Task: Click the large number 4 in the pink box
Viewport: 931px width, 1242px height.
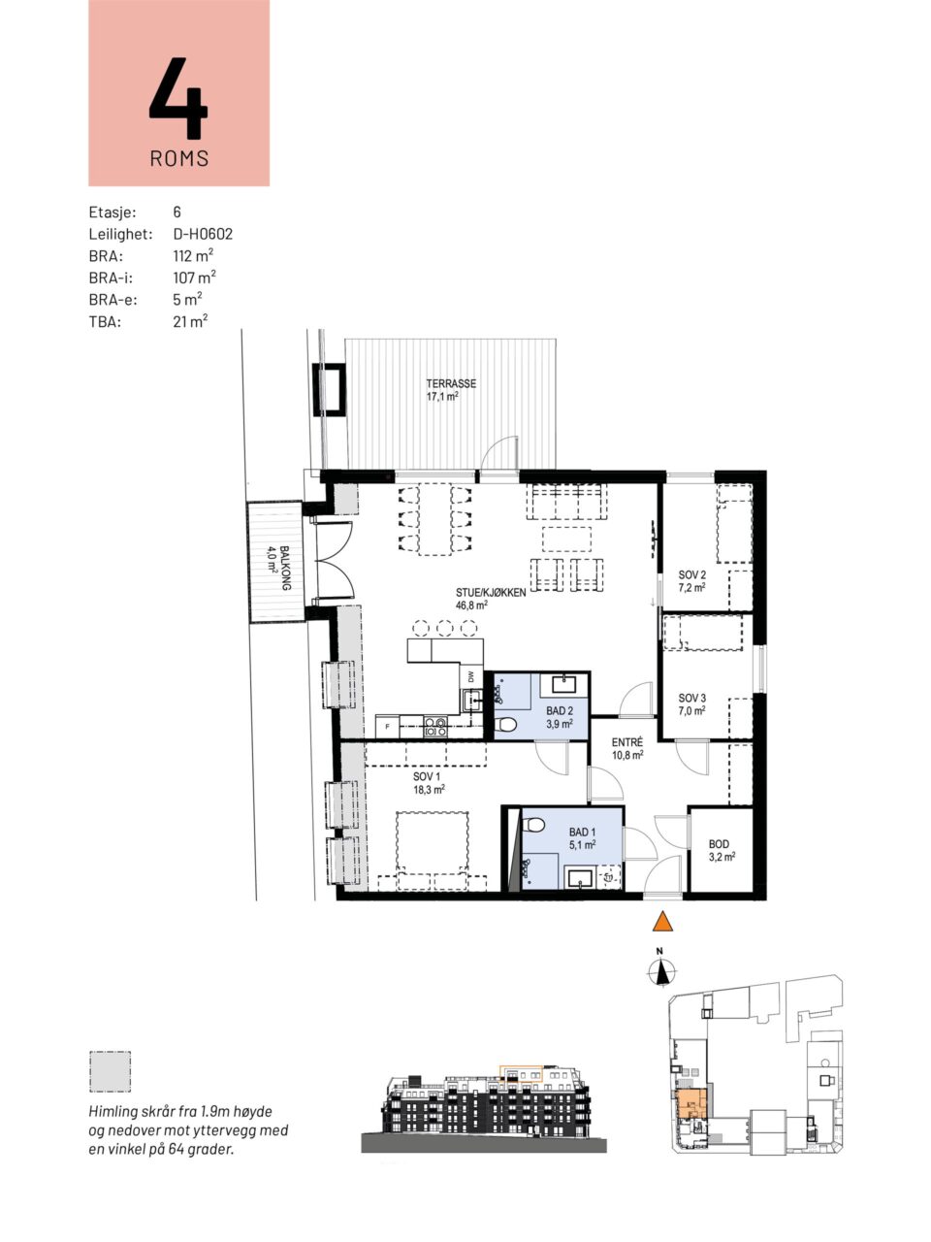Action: pyautogui.click(x=178, y=98)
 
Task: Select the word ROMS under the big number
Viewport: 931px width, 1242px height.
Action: pyautogui.click(x=179, y=158)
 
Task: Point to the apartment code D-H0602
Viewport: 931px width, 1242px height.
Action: pyautogui.click(x=203, y=234)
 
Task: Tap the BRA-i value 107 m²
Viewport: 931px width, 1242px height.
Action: pyautogui.click(x=195, y=278)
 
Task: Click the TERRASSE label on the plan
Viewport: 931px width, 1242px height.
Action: pyautogui.click(x=451, y=383)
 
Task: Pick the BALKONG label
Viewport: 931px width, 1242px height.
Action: pyautogui.click(x=286, y=568)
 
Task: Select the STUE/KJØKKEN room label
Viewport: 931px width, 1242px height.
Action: pyautogui.click(x=491, y=593)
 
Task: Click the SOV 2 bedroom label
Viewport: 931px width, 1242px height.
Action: pyautogui.click(x=691, y=574)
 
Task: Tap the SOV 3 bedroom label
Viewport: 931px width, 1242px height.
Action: pyautogui.click(x=691, y=699)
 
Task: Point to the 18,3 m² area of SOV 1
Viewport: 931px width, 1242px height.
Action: pyautogui.click(x=429, y=789)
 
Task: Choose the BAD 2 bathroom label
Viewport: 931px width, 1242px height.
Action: pyautogui.click(x=560, y=710)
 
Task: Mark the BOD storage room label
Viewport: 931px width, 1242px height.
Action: pyautogui.click(x=719, y=844)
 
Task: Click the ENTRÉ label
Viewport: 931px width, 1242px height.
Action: pyautogui.click(x=626, y=742)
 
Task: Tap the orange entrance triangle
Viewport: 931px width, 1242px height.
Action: pyautogui.click(x=662, y=921)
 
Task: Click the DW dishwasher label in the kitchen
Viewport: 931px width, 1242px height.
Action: pyautogui.click(x=471, y=676)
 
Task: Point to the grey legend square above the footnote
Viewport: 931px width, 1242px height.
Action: pyautogui.click(x=110, y=1071)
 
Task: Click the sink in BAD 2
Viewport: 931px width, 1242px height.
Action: pyautogui.click(x=563, y=685)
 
